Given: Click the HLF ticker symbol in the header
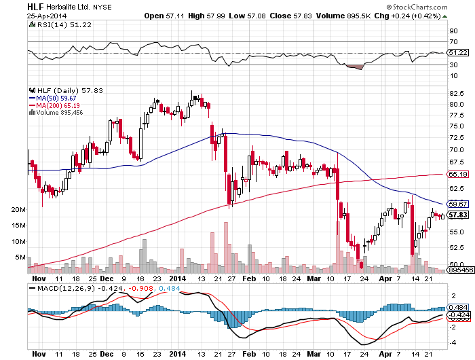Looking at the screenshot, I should [35, 5].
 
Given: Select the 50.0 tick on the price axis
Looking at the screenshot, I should [457, 264].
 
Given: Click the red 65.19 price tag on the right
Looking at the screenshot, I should [459, 174].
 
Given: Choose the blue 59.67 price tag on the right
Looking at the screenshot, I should [459, 203].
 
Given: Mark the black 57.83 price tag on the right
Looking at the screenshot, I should [459, 215].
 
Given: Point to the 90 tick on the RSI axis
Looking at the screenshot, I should [453, 31].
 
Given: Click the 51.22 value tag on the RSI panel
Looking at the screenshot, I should [459, 52].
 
